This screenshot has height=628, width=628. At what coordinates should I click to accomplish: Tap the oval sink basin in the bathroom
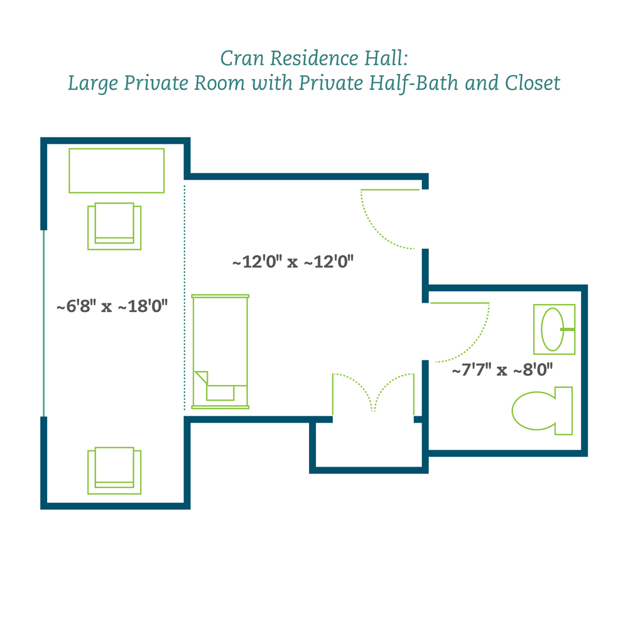[x=552, y=329]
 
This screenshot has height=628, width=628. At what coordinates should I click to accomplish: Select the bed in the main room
[x=220, y=352]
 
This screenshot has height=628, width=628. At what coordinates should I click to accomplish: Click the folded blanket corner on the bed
[x=202, y=377]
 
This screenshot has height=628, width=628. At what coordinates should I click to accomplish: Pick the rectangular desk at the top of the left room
[x=117, y=171]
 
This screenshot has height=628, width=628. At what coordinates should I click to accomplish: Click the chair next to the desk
[x=114, y=226]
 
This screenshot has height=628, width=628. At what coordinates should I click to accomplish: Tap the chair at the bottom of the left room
[x=114, y=470]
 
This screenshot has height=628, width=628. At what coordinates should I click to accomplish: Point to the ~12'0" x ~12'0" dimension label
[x=293, y=262]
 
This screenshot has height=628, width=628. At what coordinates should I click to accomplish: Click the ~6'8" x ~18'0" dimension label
[x=112, y=306]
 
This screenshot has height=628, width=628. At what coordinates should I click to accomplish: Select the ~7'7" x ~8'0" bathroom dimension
[x=502, y=370]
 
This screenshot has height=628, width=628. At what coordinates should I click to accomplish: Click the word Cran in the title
[x=242, y=58]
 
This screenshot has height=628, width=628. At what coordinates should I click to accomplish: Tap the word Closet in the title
[x=533, y=83]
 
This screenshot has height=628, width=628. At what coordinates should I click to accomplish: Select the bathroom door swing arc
[x=475, y=344]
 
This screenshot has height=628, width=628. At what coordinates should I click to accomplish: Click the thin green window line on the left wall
[x=44, y=323]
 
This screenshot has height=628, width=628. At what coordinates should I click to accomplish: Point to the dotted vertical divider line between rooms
[x=185, y=298]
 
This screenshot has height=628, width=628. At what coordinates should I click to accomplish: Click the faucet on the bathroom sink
[x=568, y=329]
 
